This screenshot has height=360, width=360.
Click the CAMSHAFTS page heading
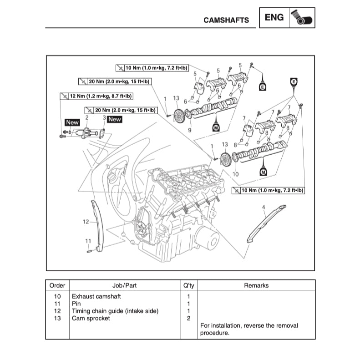[226, 20]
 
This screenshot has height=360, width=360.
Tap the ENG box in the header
[274, 18]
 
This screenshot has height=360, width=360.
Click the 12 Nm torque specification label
[96, 96]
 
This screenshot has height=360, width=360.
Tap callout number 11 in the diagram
[88, 240]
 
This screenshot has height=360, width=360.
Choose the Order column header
[57, 285]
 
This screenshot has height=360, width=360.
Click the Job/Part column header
[124, 285]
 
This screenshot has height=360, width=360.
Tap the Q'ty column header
[188, 285]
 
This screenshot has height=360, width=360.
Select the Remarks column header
[256, 285]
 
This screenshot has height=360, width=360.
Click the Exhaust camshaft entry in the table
[96, 296]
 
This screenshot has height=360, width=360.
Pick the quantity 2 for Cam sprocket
[188, 318]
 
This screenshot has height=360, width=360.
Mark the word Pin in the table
[76, 304]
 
